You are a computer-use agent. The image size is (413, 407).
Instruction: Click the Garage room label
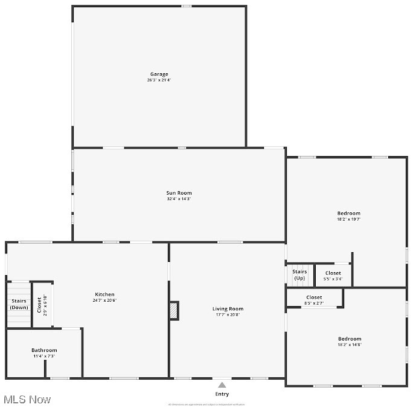point(159,74)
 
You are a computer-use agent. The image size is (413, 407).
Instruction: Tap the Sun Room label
point(179,193)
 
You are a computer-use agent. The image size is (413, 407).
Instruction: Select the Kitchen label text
point(104,295)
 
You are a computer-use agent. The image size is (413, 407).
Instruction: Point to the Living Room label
point(228,309)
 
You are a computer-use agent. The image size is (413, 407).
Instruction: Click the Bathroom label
point(44,350)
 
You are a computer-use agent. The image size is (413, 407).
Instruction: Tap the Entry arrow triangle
point(222,385)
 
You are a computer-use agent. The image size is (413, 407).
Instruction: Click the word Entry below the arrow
point(222,394)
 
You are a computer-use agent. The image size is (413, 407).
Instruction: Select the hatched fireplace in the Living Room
point(174,310)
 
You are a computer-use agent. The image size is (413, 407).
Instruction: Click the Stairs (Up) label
point(299,275)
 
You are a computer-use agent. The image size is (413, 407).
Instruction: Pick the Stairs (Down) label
point(19,304)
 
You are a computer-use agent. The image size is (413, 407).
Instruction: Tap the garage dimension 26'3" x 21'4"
point(159,80)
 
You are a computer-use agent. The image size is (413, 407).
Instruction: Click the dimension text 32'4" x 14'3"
point(179,199)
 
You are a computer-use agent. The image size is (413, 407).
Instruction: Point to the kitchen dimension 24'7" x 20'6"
point(104,301)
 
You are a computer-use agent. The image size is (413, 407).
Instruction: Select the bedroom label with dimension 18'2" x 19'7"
point(348,213)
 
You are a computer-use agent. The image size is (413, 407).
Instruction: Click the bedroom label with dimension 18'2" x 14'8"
point(350,339)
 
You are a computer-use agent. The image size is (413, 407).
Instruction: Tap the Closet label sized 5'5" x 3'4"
point(333,273)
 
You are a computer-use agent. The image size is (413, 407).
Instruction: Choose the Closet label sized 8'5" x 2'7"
point(314,298)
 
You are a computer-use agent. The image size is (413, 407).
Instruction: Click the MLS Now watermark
point(27,399)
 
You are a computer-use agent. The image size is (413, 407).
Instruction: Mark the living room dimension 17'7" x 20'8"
point(228,315)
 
